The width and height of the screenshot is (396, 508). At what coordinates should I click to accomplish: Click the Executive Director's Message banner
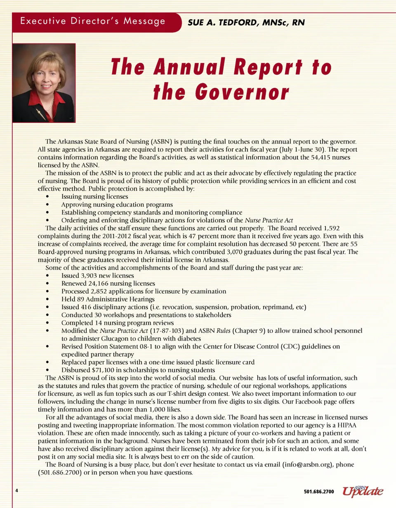[x=93, y=21]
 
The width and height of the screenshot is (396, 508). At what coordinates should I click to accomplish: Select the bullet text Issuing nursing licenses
[x=94, y=197]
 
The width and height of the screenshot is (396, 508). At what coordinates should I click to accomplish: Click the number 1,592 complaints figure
[x=331, y=228]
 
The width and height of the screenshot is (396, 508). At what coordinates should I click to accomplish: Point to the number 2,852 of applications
[x=101, y=291]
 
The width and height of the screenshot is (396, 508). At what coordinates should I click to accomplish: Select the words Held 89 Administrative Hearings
[x=108, y=299]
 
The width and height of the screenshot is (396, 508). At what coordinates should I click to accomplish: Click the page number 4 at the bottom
[x=16, y=491]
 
